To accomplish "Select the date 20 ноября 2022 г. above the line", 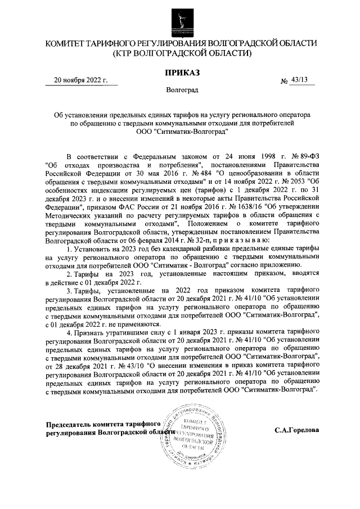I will [x=80, y=79].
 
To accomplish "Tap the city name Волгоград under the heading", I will [x=182, y=89].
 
